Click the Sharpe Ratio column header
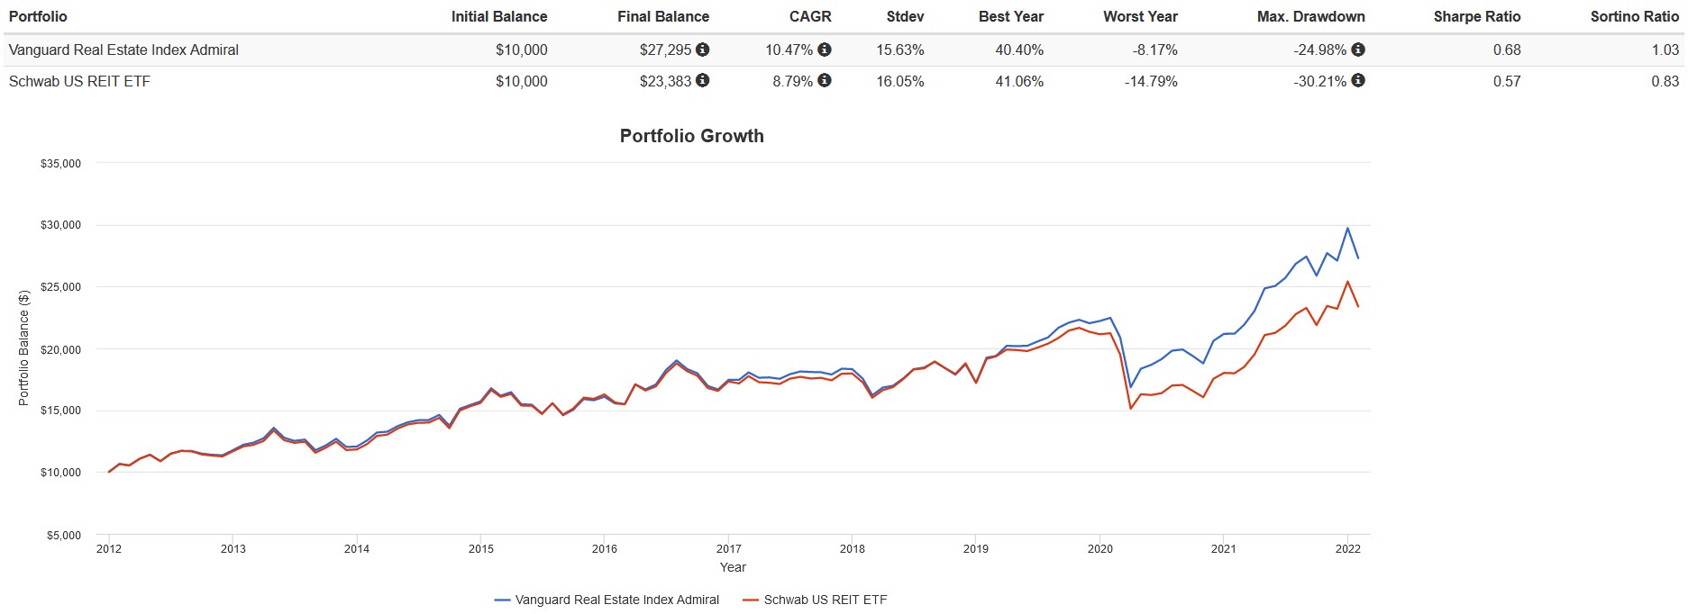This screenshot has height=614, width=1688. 1476,16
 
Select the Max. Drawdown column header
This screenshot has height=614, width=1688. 1310,16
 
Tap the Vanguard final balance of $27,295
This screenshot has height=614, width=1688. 665,50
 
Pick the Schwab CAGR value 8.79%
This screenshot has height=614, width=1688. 792,81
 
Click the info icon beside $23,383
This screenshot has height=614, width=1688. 703,80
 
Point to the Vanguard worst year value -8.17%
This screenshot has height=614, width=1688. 1154,50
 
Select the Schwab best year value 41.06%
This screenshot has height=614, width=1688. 1019,81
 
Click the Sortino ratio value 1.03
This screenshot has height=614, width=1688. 1665,50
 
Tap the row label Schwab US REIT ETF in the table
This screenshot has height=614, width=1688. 79,81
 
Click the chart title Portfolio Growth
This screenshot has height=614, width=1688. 691,136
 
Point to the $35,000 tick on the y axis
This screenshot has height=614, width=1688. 60,164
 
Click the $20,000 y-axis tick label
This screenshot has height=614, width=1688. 60,349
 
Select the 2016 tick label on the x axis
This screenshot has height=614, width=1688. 604,548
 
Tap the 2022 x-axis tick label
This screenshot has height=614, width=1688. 1347,548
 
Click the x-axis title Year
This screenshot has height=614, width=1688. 733,567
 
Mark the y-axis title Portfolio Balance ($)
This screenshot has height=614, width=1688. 24,348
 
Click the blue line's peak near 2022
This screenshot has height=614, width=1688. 1347,228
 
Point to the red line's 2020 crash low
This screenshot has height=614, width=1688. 1131,409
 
